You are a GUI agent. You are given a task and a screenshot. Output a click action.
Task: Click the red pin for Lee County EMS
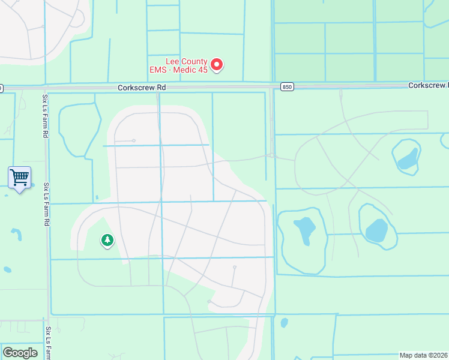pyautogui.click(x=217, y=64)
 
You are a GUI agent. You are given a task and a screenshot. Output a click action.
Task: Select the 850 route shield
pyautogui.click(x=287, y=87)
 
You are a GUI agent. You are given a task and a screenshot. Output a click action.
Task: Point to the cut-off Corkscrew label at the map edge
pyautogui.click(x=429, y=86)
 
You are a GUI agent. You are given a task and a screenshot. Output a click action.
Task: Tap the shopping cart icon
pyautogui.click(x=20, y=178)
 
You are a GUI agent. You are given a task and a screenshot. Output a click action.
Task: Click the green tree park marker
pyautogui.click(x=107, y=241)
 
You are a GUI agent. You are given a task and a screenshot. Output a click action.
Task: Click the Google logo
pyautogui.click(x=20, y=353)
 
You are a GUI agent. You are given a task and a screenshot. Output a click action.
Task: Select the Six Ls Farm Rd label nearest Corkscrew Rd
pyautogui.click(x=45, y=116)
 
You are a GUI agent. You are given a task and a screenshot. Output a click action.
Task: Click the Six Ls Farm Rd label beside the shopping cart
pyautogui.click(x=46, y=205)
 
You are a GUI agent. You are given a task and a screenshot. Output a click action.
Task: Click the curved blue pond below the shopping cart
pyautogui.click(x=16, y=233)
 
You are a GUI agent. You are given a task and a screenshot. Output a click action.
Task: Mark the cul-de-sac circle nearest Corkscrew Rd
pyautogui.click(x=133, y=140)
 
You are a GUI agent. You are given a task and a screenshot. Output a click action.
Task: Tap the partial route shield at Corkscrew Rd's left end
pyautogui.click(x=1, y=88)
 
